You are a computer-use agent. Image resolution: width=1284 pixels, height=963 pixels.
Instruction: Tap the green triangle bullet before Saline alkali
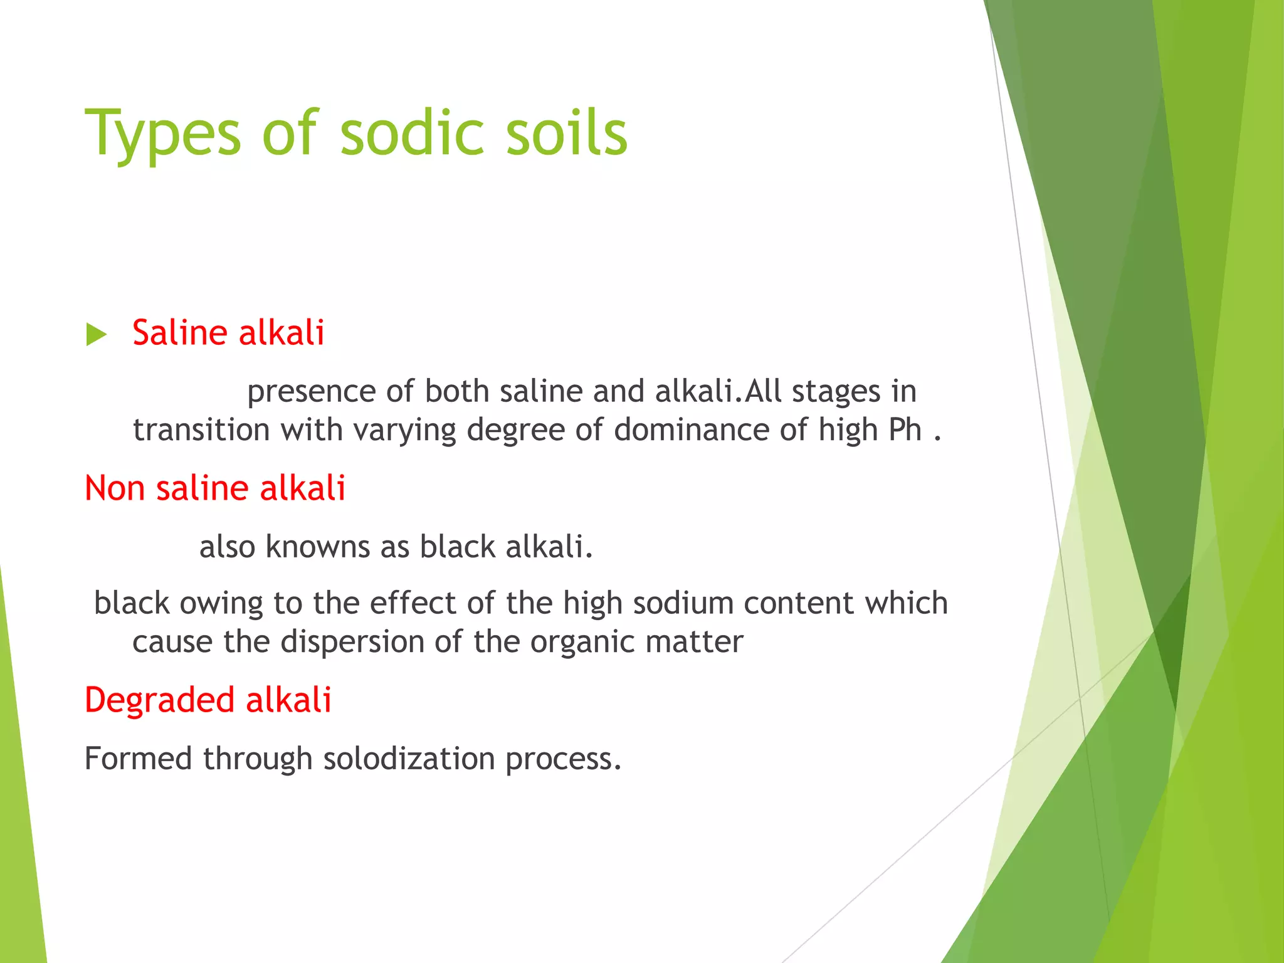click(96, 334)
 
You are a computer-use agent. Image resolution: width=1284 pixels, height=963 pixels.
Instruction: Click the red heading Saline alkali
click(228, 332)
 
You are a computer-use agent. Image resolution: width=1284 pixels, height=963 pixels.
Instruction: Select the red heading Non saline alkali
click(215, 488)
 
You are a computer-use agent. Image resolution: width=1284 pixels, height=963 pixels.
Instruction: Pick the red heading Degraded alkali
click(208, 700)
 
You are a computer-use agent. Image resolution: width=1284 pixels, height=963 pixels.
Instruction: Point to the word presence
click(310, 392)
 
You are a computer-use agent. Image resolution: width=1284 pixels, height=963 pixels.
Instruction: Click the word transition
click(201, 430)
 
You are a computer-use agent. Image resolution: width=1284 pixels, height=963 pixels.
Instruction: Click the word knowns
click(317, 547)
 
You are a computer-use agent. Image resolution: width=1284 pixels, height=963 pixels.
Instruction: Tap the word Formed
click(138, 759)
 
